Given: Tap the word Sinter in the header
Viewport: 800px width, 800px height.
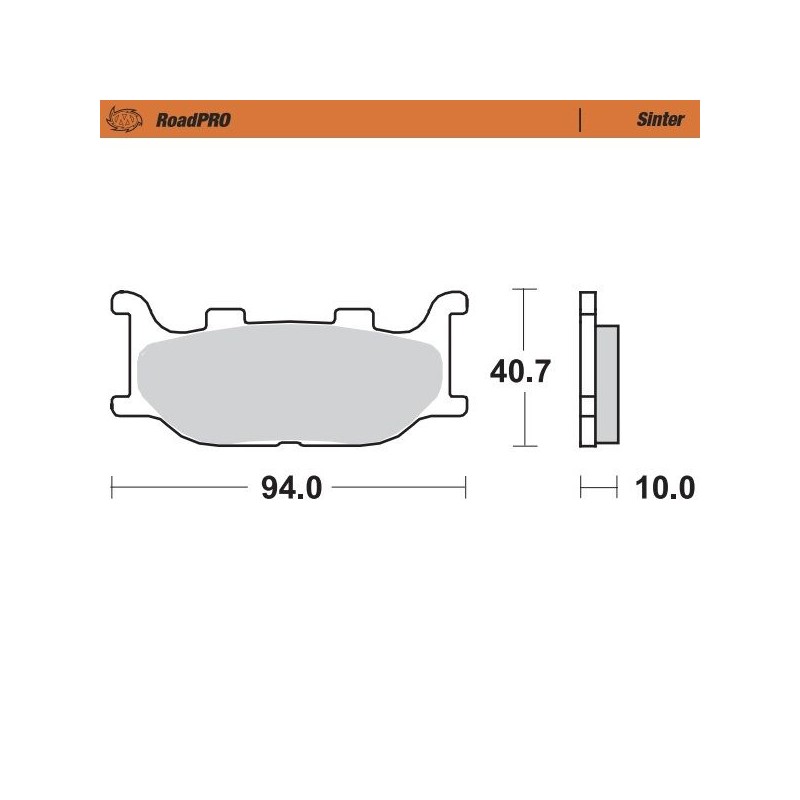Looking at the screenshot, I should [660, 119].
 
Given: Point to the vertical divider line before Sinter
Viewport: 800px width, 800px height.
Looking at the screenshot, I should [581, 119].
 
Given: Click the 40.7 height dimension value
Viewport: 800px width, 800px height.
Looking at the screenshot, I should [520, 372].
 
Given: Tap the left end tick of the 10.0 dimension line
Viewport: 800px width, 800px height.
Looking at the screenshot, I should [581, 488].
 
